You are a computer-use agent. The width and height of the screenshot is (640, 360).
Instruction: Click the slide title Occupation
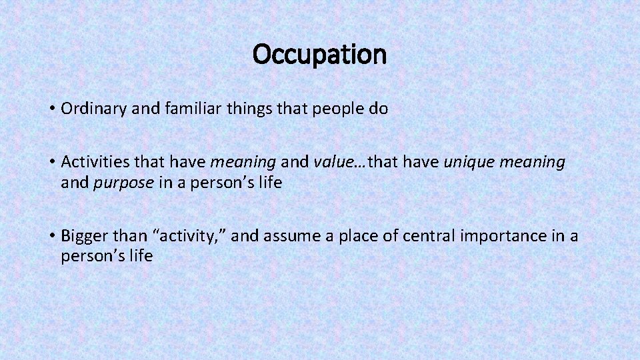[x=319, y=54]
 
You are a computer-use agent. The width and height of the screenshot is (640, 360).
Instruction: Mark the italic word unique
[x=467, y=162]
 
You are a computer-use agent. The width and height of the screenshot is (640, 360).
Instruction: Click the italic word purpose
[x=124, y=183]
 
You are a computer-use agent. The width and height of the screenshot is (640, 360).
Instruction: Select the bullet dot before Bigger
[x=51, y=235]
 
